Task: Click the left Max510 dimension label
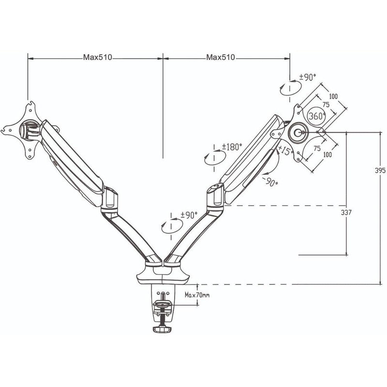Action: [97, 58]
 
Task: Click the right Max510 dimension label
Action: [221, 58]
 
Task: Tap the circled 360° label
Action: [316, 116]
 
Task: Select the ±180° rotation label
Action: [232, 147]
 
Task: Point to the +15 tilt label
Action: [284, 151]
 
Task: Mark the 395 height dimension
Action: [380, 171]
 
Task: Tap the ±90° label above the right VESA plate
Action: [307, 77]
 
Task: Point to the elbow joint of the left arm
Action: [110, 199]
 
